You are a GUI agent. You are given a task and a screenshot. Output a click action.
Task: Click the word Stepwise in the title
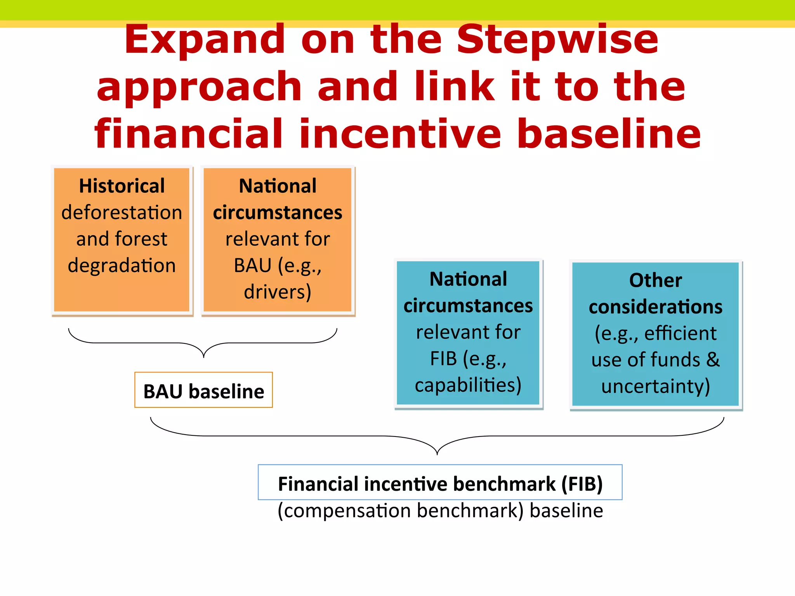(x=557, y=41)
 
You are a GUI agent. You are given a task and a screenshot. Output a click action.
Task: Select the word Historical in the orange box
(x=122, y=186)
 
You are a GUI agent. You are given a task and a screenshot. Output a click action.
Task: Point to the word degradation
(x=122, y=266)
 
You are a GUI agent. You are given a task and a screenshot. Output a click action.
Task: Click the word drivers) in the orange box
(x=278, y=292)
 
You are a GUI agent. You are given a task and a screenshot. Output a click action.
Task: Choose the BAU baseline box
(x=203, y=390)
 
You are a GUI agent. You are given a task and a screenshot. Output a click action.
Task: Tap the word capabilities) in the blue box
(x=468, y=385)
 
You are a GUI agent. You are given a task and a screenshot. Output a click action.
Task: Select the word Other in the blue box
(x=655, y=280)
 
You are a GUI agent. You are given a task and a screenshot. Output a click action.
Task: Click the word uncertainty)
(x=655, y=386)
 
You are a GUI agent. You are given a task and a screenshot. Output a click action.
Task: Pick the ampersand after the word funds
(x=713, y=360)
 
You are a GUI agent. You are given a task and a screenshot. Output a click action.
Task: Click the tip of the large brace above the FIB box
(x=437, y=454)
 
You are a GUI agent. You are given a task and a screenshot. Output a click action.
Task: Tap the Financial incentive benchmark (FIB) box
(x=440, y=483)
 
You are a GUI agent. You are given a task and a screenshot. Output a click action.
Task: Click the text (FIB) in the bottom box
(x=582, y=484)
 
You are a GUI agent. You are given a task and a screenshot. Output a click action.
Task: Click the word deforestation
(x=122, y=213)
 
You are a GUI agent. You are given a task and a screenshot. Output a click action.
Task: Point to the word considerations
(x=655, y=307)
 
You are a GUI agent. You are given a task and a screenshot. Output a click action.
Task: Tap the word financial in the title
(x=189, y=134)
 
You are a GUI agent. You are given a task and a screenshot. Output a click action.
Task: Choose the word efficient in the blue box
(x=680, y=333)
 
